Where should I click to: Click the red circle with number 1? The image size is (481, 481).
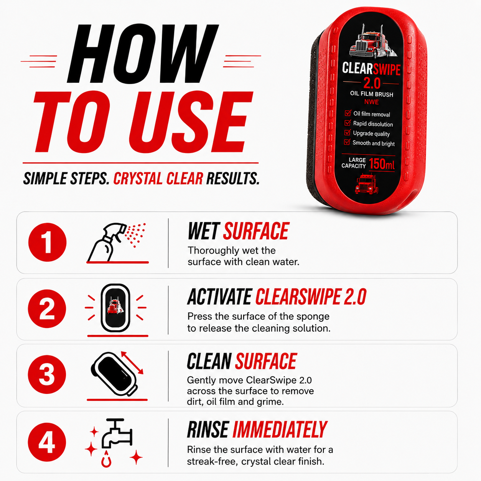click(48, 242)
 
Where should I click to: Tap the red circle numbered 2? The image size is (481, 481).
click(47, 308)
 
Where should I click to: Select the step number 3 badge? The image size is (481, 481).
click(47, 374)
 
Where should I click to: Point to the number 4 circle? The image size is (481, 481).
click(47, 442)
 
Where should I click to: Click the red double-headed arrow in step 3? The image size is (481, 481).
click(132, 363)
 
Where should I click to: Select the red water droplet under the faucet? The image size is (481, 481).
click(106, 459)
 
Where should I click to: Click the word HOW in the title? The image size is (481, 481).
click(142, 54)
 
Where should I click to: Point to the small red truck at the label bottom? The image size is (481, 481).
click(366, 184)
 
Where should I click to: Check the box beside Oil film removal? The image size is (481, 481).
click(348, 113)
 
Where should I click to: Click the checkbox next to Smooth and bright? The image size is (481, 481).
click(347, 142)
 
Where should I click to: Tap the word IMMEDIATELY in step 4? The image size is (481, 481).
click(280, 430)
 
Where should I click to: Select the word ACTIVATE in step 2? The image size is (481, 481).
click(220, 297)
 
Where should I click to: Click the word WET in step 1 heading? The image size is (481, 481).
click(204, 231)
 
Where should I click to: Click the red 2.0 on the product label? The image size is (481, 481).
click(372, 83)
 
